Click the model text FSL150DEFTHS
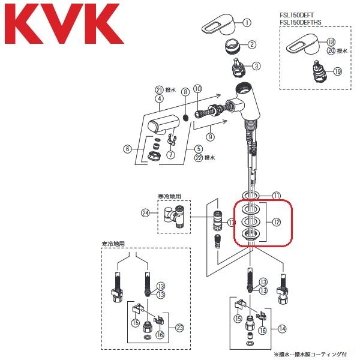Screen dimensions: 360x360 tap(306, 23)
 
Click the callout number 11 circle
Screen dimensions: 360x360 tap(277, 196)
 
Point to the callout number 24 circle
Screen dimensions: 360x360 tap(145, 212)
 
